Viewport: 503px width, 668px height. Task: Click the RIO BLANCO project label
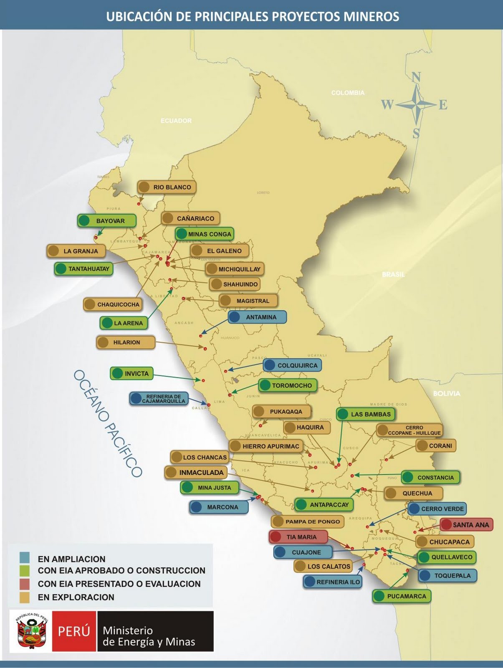pos(167,187)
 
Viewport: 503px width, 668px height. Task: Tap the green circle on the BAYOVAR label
pos(84,220)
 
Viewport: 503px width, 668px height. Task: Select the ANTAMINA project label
pos(258,317)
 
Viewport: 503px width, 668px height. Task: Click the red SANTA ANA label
pos(467,525)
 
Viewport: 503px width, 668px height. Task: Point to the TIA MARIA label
pos(298,537)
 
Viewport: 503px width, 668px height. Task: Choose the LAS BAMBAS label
pos(366,414)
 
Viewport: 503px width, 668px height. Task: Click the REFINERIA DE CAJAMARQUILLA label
pos(159,399)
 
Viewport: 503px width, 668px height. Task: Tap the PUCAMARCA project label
pos(402,596)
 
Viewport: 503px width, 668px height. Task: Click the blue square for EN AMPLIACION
pos(25,558)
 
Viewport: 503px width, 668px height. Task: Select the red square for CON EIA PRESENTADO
pos(25,584)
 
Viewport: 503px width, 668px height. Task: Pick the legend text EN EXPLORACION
pos(76,597)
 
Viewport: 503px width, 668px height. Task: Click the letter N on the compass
pos(416,77)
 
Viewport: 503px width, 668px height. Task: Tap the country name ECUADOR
pos(176,121)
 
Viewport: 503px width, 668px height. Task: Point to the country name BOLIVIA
pos(446,393)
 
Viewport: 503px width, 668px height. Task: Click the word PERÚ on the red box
pos(74,631)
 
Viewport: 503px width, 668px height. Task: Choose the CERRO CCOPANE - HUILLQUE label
pos(409,430)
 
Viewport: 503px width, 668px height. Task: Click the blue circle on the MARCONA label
pos(196,507)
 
